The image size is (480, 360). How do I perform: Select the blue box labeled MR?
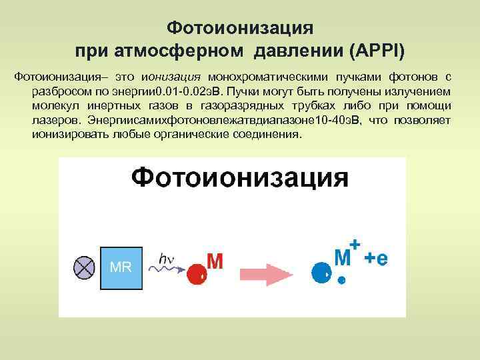pyautogui.click(x=121, y=267)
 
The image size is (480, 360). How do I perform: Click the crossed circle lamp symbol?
pyautogui.click(x=83, y=267)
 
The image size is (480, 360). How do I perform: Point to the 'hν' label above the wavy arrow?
pyautogui.click(x=167, y=257)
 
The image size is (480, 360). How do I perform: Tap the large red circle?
pyautogui.click(x=196, y=273)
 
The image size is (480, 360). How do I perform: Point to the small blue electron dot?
pyautogui.click(x=341, y=280)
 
